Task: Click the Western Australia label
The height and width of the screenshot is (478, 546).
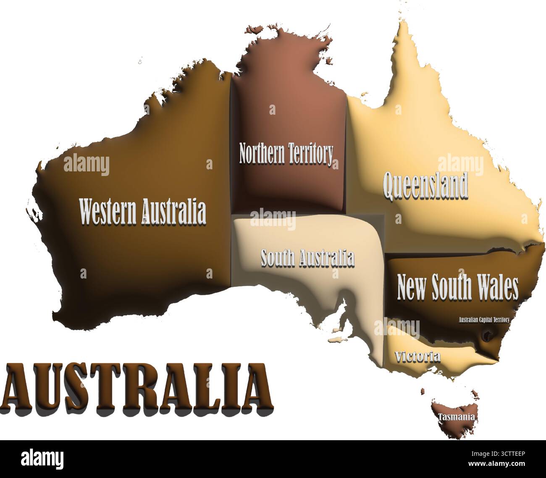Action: point(143,212)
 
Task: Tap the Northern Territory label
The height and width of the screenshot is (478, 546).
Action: point(286,153)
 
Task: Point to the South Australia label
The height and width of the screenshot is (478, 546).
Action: point(307,258)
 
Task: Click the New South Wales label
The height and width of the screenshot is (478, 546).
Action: point(457,287)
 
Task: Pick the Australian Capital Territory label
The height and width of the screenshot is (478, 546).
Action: point(484,320)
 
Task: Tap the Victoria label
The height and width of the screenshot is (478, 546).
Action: point(417,357)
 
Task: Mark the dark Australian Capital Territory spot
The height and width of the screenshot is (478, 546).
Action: point(488,335)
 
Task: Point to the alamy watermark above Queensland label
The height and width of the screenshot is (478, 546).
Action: point(461,164)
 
